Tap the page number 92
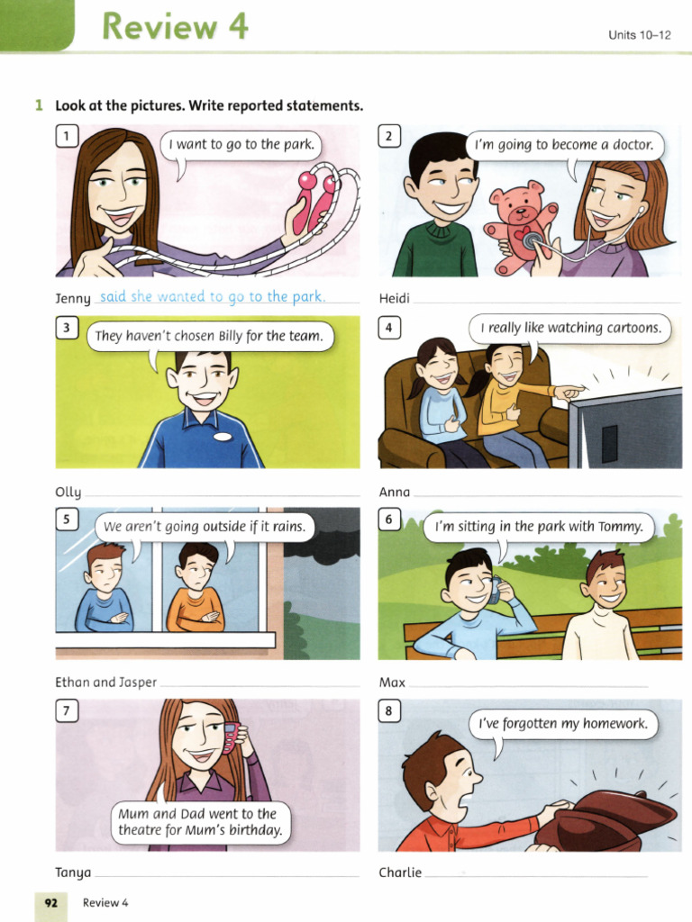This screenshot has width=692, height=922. pos(50,903)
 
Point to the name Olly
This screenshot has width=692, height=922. pos(68,493)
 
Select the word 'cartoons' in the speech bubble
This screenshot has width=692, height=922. pos(631,329)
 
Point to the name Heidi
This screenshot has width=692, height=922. pos(395,298)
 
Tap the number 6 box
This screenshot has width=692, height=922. pos(389,520)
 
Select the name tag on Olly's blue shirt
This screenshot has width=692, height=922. pos(223,436)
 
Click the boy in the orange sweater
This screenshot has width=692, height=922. pos(196,590)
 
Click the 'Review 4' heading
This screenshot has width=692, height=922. pos(175,27)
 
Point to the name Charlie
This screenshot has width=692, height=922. pos(400,872)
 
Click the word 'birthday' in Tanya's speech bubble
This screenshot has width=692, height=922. pos(253,830)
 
